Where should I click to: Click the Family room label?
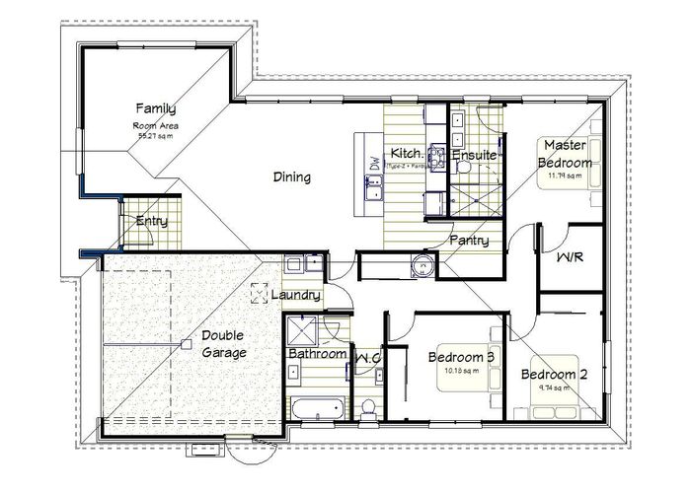156,107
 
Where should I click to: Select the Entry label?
152,221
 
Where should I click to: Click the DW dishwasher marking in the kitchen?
375,165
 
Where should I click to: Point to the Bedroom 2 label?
555,375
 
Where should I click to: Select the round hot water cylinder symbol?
422,264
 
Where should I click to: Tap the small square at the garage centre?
186,343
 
